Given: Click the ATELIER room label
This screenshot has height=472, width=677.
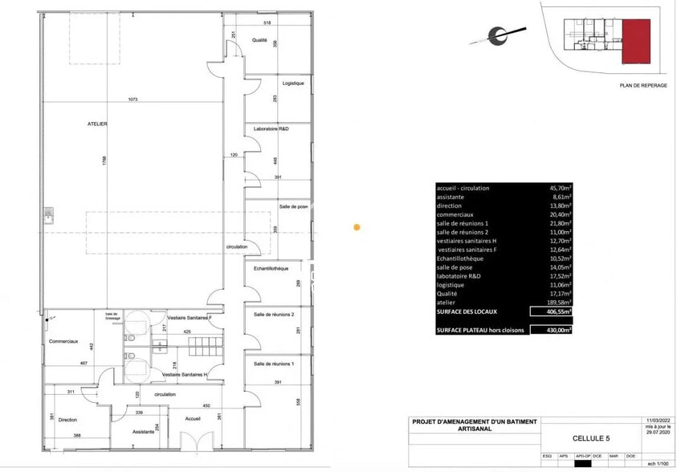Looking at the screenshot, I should pos(98,124).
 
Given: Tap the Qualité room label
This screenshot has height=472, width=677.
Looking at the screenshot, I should pos(259,39).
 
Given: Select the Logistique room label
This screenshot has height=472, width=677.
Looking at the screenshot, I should pos(293,83).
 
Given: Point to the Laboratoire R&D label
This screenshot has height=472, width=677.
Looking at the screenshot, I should pos(271,128).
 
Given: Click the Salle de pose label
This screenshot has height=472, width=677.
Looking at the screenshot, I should pos(294,206).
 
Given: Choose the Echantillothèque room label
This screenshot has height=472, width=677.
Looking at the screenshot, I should pos(271,268).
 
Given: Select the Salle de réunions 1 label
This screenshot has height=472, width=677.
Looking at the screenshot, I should pos(275,364).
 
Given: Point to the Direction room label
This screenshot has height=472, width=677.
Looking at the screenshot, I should pos(68,419).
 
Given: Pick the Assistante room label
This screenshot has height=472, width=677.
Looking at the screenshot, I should pos(144,431).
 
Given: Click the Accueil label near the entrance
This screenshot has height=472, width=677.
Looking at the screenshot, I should pos(192,418).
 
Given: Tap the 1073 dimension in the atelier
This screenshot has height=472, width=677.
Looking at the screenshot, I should pos(133,100).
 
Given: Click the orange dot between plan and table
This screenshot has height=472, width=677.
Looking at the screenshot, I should pos(357,227).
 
